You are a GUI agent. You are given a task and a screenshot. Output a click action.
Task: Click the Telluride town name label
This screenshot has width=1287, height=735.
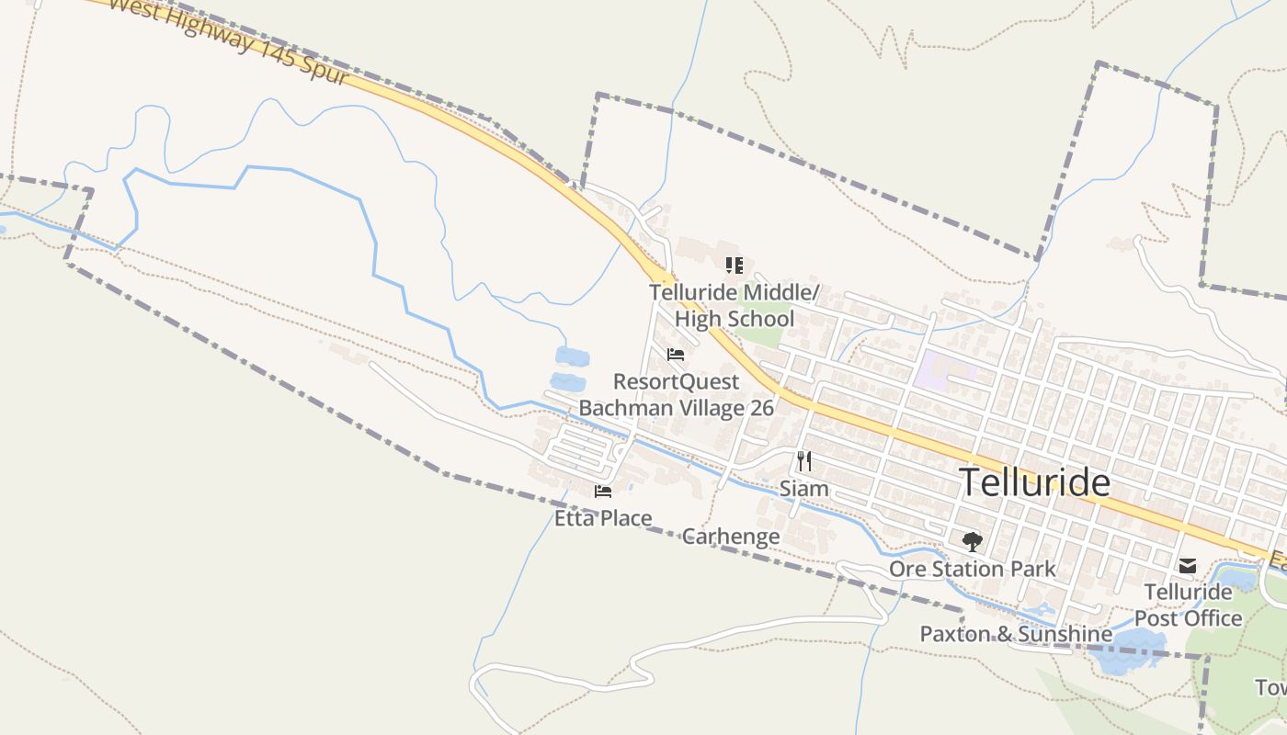pyautogui.click(x=1034, y=482)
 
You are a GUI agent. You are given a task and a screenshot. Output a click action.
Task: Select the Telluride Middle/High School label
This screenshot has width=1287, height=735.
pyautogui.click(x=734, y=306)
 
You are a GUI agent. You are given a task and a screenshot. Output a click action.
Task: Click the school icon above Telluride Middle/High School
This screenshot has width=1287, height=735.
pyautogui.click(x=734, y=266)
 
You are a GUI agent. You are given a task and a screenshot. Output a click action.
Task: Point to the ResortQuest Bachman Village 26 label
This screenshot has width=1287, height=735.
pyautogui.click(x=676, y=394)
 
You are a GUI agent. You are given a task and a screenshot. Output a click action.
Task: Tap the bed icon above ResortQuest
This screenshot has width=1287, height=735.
pyautogui.click(x=676, y=355)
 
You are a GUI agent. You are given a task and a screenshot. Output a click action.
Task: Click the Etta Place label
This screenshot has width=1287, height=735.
pyautogui.click(x=603, y=518)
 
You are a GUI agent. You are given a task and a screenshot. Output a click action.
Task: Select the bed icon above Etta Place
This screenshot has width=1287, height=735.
pyautogui.click(x=603, y=492)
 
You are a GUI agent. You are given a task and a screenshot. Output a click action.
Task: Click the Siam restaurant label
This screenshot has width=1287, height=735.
pyautogui.click(x=803, y=489)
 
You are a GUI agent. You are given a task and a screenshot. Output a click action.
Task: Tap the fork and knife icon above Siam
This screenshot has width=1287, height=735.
pyautogui.click(x=804, y=460)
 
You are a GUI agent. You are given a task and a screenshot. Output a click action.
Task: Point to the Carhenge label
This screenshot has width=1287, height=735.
pyautogui.click(x=731, y=537)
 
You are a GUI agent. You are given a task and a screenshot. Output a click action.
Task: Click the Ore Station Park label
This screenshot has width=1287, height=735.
pyautogui.click(x=973, y=569)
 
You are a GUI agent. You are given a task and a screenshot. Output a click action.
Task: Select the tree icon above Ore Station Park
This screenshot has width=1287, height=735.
pyautogui.click(x=972, y=541)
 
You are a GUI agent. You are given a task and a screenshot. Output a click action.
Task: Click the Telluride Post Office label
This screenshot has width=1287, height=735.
pyautogui.click(x=1188, y=605)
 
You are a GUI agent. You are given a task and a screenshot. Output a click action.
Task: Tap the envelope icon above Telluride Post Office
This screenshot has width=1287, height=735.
pyautogui.click(x=1188, y=566)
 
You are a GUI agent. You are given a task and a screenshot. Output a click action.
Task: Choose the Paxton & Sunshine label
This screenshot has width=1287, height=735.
pyautogui.click(x=1016, y=634)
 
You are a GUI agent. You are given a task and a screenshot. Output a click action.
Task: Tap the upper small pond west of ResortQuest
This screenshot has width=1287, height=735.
pyautogui.click(x=572, y=356)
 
